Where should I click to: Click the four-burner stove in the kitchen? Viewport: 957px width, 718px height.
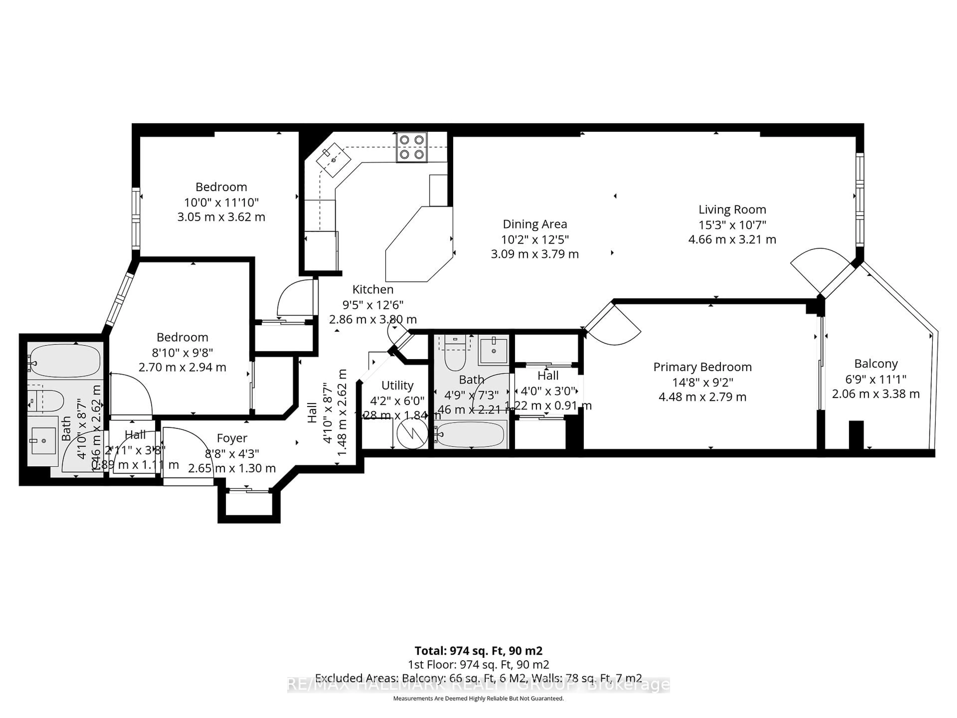411,147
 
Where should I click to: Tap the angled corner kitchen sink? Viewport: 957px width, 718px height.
333,160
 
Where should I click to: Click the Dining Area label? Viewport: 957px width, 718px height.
535,224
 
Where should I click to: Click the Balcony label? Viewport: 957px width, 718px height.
876,363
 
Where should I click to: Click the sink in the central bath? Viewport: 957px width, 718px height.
493,351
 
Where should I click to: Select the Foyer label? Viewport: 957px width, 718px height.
232,439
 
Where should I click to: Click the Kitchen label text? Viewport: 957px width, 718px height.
373,289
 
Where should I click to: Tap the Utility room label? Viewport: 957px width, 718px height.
397,385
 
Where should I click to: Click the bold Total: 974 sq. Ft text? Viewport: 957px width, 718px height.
478,650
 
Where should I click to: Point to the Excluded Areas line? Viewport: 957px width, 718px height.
478,678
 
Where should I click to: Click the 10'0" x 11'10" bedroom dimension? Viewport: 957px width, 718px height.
221,202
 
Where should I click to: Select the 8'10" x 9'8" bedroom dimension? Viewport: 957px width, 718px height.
182,352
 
